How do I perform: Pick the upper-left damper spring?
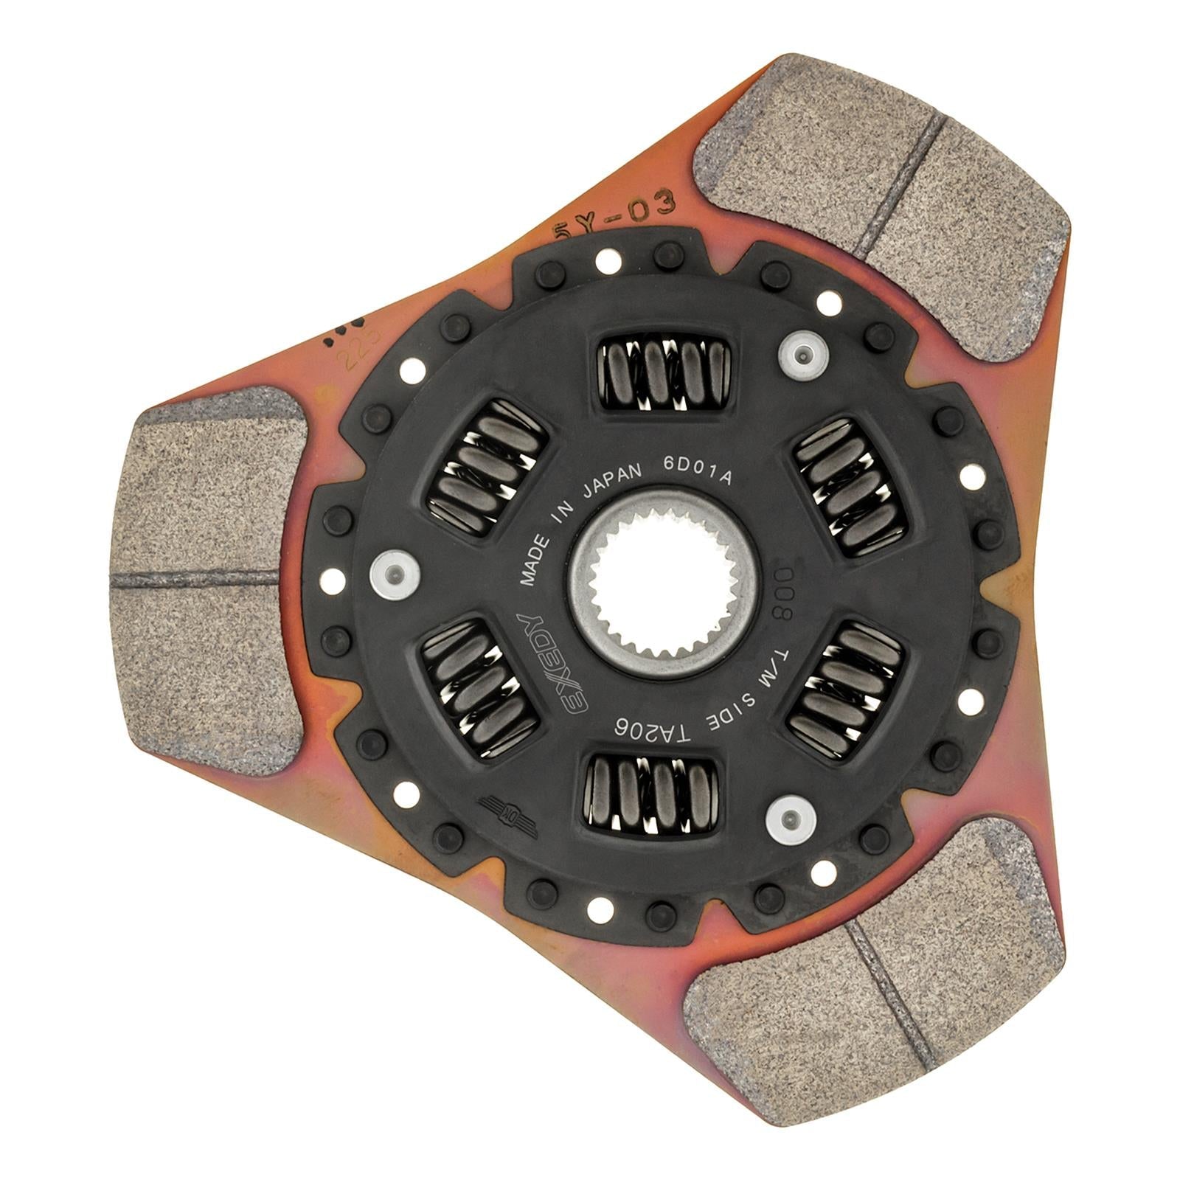487,468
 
